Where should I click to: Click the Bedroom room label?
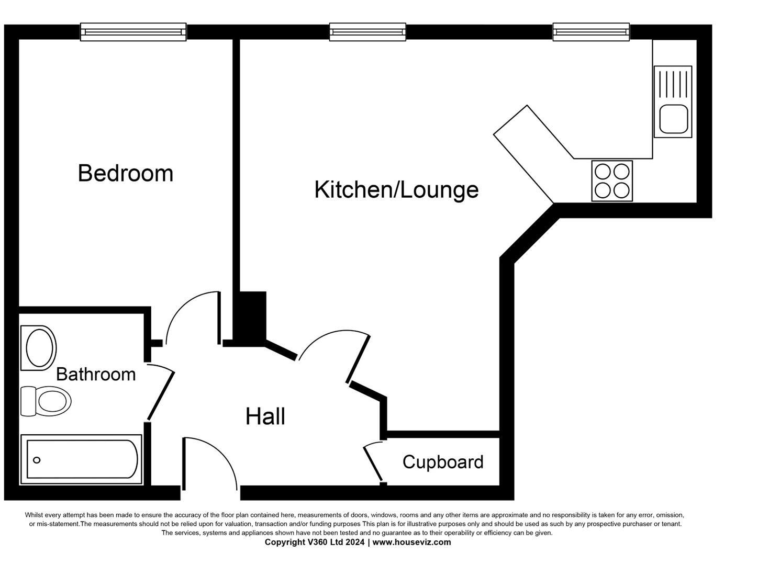(126, 173)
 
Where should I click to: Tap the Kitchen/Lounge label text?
(396, 189)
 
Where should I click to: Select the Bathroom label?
(96, 374)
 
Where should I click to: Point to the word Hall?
(265, 416)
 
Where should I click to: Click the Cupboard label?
(443, 462)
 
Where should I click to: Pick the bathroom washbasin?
(40, 348)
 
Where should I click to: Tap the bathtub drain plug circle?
(37, 460)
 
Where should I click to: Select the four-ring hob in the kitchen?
(612, 181)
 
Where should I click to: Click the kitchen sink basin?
(673, 119)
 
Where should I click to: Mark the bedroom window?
(133, 32)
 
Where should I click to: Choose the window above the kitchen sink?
(591, 32)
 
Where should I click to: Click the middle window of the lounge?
(367, 32)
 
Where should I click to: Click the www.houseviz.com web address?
(411, 542)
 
